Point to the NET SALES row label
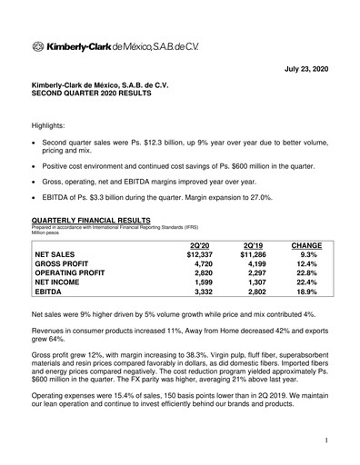[x=59, y=255]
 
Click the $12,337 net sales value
[x=196, y=255]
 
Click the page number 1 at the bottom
[x=325, y=440]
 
